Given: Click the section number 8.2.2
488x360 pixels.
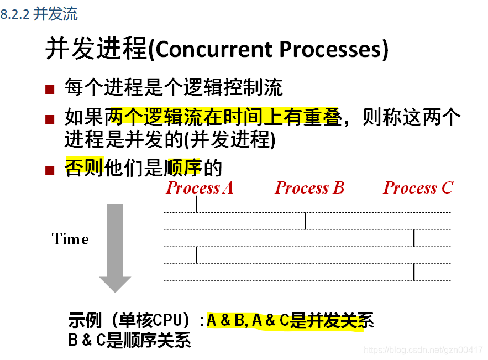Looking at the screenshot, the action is (15, 15).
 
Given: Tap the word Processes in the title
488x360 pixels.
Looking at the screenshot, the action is (329, 50).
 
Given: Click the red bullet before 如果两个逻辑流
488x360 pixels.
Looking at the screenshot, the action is (50, 119).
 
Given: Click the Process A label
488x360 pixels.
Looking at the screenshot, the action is (200, 188).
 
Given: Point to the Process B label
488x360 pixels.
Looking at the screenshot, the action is (309, 188).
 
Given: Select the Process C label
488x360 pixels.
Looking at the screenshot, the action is (418, 188).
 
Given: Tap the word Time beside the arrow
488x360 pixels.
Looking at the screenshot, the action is (70, 239).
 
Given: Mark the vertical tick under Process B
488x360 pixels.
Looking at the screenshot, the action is (305, 221).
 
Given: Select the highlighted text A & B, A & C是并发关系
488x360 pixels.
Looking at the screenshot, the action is (290, 320).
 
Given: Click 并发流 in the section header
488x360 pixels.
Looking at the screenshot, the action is (55, 14).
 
